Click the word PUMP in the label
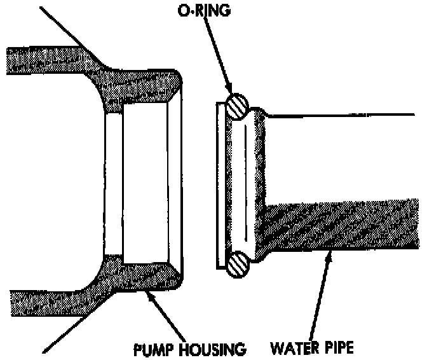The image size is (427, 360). click(x=151, y=349)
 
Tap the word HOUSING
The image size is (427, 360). click(x=208, y=349)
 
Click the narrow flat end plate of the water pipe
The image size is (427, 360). click(x=220, y=184)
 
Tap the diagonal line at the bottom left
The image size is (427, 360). click(x=70, y=331)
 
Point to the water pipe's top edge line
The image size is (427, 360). click(x=343, y=115)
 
